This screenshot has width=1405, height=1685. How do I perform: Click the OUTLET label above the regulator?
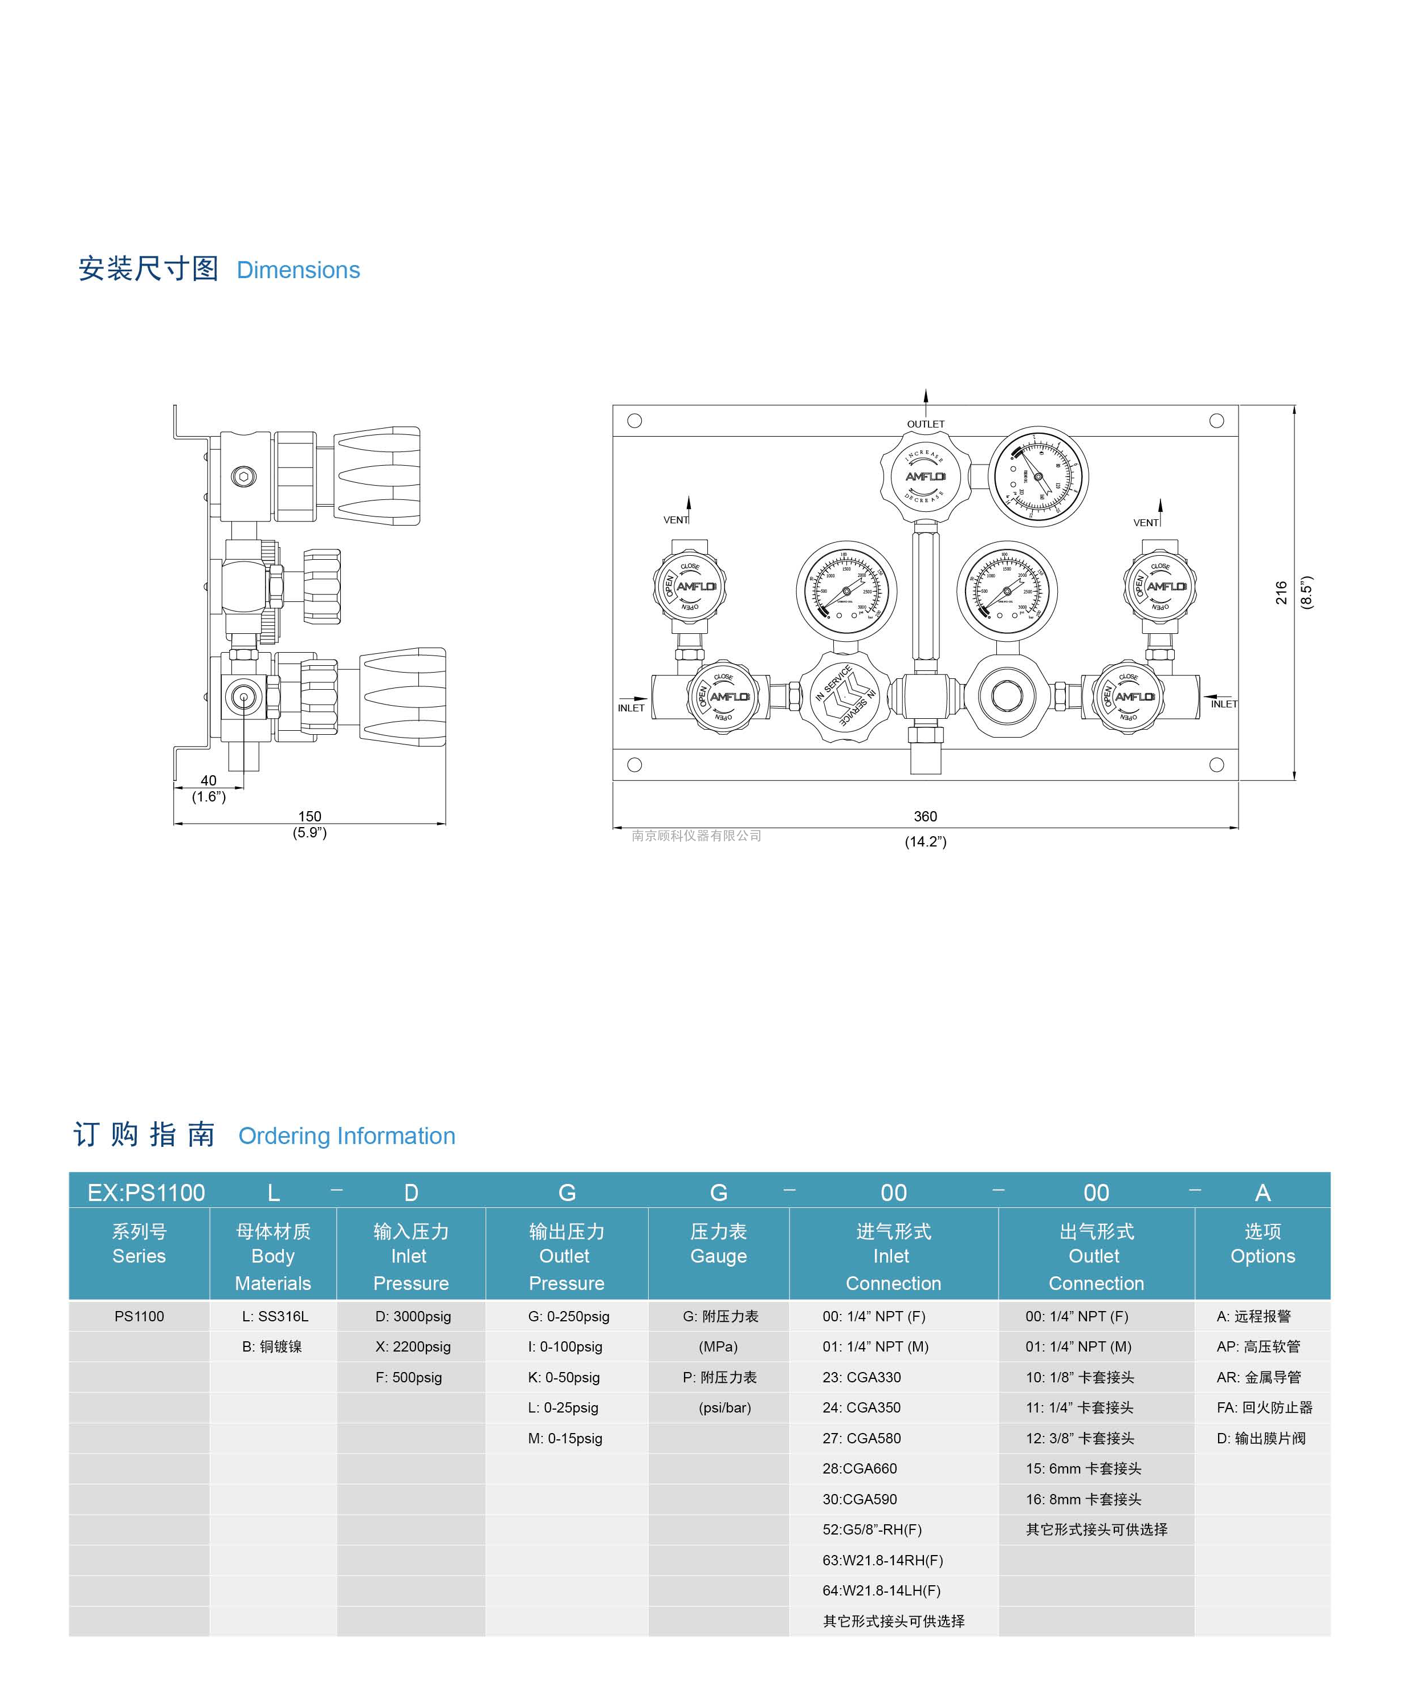click(x=925, y=424)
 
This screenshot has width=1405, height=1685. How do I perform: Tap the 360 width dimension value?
click(x=925, y=816)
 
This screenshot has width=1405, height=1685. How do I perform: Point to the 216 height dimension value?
click(x=1281, y=592)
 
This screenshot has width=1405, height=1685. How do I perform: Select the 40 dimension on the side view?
click(x=209, y=780)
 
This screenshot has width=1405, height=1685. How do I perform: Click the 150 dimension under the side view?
click(x=309, y=816)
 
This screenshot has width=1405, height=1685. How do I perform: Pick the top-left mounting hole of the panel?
click(x=634, y=421)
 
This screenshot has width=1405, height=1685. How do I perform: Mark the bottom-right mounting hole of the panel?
click(x=1216, y=764)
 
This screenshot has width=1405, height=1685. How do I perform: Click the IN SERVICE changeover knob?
click(x=845, y=695)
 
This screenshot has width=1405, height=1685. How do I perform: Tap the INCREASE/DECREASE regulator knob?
click(x=925, y=476)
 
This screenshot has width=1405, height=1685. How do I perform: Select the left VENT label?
click(x=675, y=520)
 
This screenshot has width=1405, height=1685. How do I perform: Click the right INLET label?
click(x=1224, y=703)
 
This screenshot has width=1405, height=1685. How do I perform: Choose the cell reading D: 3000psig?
click(x=413, y=1316)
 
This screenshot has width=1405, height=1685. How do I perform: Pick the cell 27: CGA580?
click(x=861, y=1438)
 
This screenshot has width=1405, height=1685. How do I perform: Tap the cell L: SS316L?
click(x=274, y=1316)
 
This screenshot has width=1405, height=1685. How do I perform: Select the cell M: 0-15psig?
click(x=565, y=1438)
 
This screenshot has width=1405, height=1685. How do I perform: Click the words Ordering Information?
click(x=347, y=1135)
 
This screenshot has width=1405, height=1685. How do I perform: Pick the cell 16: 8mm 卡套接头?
click(x=1082, y=1499)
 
